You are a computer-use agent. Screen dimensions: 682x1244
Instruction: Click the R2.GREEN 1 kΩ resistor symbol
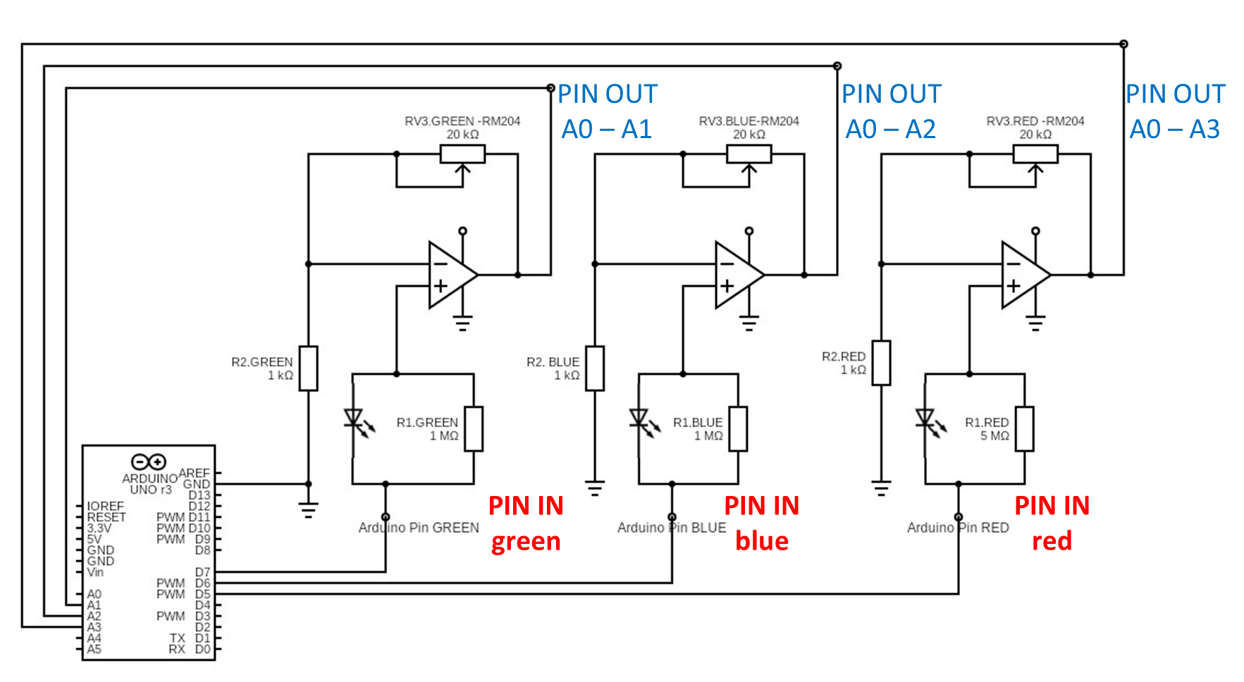308,368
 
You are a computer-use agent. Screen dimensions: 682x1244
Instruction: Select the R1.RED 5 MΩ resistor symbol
1024,428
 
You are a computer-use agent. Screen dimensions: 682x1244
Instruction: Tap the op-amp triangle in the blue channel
737,275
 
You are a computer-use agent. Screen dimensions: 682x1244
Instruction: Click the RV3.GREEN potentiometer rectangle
462,154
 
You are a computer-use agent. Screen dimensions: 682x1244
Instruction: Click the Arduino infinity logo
149,461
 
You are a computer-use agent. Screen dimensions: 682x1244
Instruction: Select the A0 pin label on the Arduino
94,594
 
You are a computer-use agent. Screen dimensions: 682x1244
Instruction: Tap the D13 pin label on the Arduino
199,495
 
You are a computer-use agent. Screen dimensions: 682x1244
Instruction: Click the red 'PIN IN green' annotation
526,523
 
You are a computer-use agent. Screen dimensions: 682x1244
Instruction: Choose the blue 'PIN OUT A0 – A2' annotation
891,111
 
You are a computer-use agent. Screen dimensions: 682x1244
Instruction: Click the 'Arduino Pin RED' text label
958,528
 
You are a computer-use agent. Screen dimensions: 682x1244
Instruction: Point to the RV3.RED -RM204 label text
1035,121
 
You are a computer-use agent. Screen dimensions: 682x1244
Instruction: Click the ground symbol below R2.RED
881,488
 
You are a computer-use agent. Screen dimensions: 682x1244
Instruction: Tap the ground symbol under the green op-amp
462,324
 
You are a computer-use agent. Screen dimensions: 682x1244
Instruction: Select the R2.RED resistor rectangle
881,363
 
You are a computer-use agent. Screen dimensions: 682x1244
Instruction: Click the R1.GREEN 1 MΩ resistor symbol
474,428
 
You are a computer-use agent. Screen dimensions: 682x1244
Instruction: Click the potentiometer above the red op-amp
1035,154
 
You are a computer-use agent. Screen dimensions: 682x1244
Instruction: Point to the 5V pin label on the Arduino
94,539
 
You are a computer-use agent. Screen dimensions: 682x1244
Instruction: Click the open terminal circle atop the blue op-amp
749,231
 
